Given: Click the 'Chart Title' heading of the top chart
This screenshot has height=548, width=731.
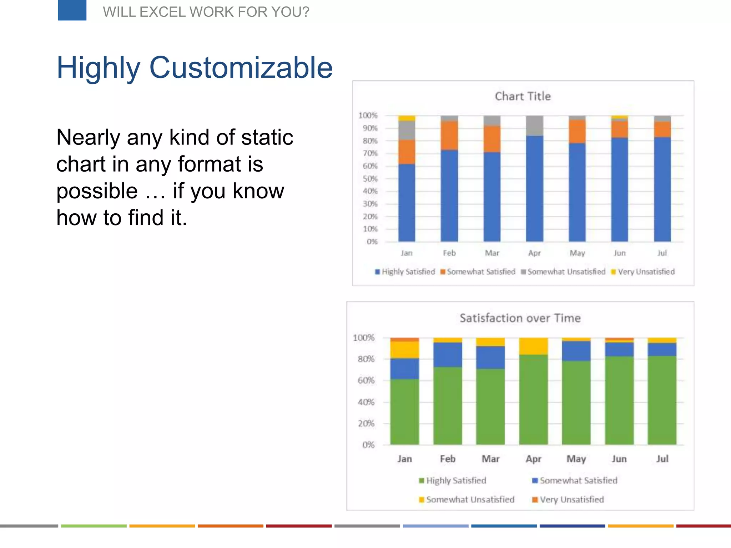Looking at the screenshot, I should point(523,96).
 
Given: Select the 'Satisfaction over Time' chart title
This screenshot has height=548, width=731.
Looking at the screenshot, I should point(520,318).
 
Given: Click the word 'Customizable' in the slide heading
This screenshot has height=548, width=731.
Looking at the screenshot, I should point(241,67).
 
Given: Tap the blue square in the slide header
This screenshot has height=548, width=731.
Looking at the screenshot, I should point(72,10).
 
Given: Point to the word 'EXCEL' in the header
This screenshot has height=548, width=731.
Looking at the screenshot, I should point(162,12).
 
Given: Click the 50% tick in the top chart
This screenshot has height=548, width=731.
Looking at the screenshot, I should point(370,179).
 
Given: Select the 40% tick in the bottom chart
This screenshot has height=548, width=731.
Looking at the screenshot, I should point(366,402).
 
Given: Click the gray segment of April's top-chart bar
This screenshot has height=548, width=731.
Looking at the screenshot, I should point(534,126).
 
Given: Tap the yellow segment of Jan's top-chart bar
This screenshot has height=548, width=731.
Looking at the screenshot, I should point(407,118).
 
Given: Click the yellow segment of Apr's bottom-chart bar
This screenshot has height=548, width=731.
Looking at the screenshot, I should point(533,346).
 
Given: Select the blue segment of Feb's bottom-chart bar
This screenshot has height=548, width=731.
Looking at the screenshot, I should point(448,355).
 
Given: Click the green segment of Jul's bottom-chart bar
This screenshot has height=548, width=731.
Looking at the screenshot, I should point(662,400).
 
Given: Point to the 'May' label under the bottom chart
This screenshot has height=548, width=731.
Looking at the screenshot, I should point(576,459).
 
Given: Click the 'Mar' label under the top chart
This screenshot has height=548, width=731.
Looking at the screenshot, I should point(492,253).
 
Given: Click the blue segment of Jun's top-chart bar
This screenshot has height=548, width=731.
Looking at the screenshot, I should point(619,189).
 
